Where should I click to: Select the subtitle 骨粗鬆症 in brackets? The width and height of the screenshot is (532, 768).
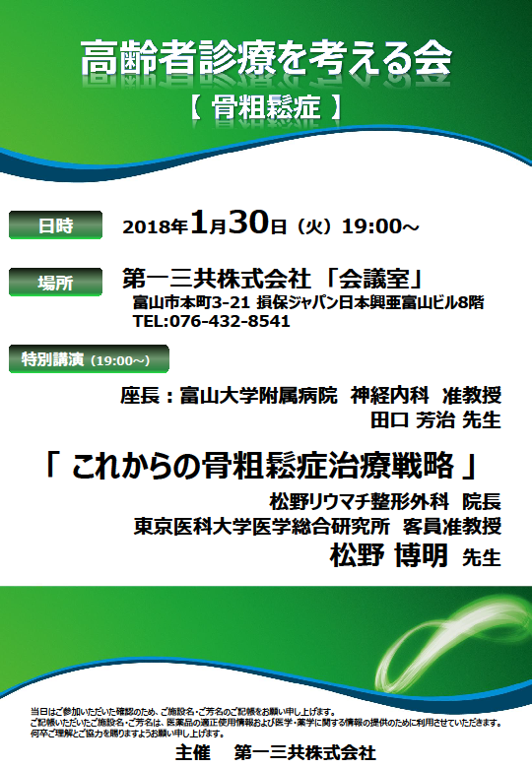tap(266, 107)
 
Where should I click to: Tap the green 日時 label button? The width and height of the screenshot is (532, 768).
tap(55, 224)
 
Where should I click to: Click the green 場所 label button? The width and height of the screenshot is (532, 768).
tap(55, 283)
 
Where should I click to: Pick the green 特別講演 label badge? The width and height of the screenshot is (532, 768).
tap(89, 359)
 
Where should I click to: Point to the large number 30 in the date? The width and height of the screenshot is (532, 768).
tap(249, 223)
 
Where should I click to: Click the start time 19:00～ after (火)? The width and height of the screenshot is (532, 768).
tap(380, 226)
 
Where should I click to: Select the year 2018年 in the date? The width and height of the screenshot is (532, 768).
tap(156, 226)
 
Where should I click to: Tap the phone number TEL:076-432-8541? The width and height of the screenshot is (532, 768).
tap(211, 321)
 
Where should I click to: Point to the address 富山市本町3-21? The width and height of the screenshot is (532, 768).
tap(191, 302)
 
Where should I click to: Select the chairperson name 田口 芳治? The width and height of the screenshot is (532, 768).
tap(413, 419)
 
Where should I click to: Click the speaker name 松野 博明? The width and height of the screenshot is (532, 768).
tap(388, 555)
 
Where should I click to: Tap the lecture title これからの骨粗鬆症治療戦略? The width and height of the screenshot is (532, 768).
tap(263, 466)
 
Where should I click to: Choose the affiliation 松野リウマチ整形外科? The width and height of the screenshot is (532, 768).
tap(359, 501)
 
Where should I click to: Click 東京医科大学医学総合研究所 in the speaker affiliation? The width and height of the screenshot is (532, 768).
tap(262, 526)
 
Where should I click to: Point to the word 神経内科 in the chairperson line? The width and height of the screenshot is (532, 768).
tap(389, 395)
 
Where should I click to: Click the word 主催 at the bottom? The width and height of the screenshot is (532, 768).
tap(192, 752)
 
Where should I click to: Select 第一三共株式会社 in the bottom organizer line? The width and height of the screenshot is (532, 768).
tap(304, 752)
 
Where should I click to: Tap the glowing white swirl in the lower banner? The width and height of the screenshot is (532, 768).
tap(446, 637)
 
